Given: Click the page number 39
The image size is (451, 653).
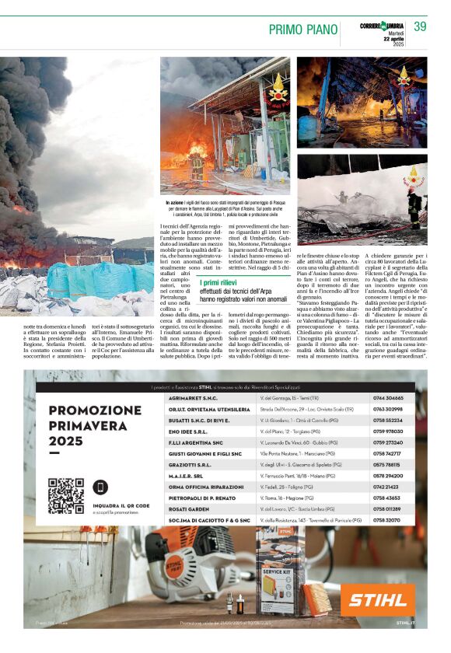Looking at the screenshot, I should pos(420,27).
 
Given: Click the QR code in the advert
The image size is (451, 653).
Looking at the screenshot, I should pos(65,496).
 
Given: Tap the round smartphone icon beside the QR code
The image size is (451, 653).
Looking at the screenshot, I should pos(101,487).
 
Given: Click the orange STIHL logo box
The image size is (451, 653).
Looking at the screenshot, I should pos(378,600).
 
